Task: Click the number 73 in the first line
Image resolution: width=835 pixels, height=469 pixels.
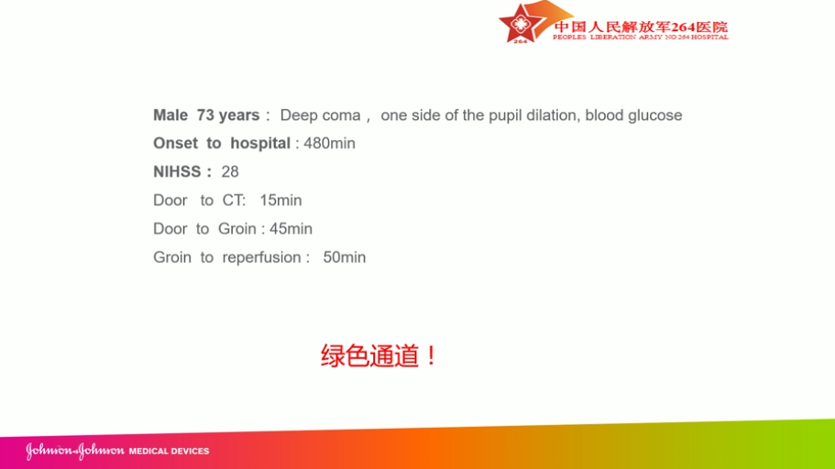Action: click(205, 115)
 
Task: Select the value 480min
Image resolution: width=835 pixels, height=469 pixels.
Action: click(329, 143)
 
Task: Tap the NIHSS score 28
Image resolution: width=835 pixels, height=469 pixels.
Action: click(230, 171)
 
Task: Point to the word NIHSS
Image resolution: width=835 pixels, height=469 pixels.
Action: click(177, 171)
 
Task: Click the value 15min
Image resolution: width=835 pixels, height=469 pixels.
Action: click(280, 201)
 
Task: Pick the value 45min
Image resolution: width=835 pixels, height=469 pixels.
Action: click(291, 228)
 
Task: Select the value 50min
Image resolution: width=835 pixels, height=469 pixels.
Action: click(345, 257)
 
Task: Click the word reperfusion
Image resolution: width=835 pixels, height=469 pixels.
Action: click(262, 257)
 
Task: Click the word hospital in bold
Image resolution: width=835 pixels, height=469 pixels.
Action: click(260, 144)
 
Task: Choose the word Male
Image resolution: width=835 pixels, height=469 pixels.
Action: click(170, 115)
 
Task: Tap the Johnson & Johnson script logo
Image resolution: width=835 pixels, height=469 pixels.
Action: click(75, 451)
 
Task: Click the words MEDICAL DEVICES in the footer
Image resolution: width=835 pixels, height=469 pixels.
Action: click(169, 451)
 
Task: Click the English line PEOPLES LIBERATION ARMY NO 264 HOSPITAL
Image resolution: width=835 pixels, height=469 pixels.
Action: click(640, 38)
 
